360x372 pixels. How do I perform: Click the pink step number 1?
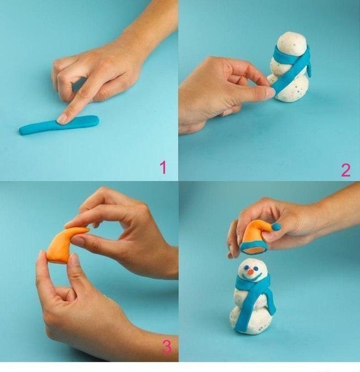(163, 167)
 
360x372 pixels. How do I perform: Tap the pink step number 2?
(346, 170)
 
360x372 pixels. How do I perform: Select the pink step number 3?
(167, 347)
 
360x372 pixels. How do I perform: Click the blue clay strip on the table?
(59, 124)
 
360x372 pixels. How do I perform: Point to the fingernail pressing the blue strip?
(62, 119)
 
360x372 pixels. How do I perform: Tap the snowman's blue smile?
(253, 278)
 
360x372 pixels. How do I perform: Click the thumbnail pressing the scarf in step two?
(271, 92)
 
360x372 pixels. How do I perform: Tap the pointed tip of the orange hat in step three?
(87, 230)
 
